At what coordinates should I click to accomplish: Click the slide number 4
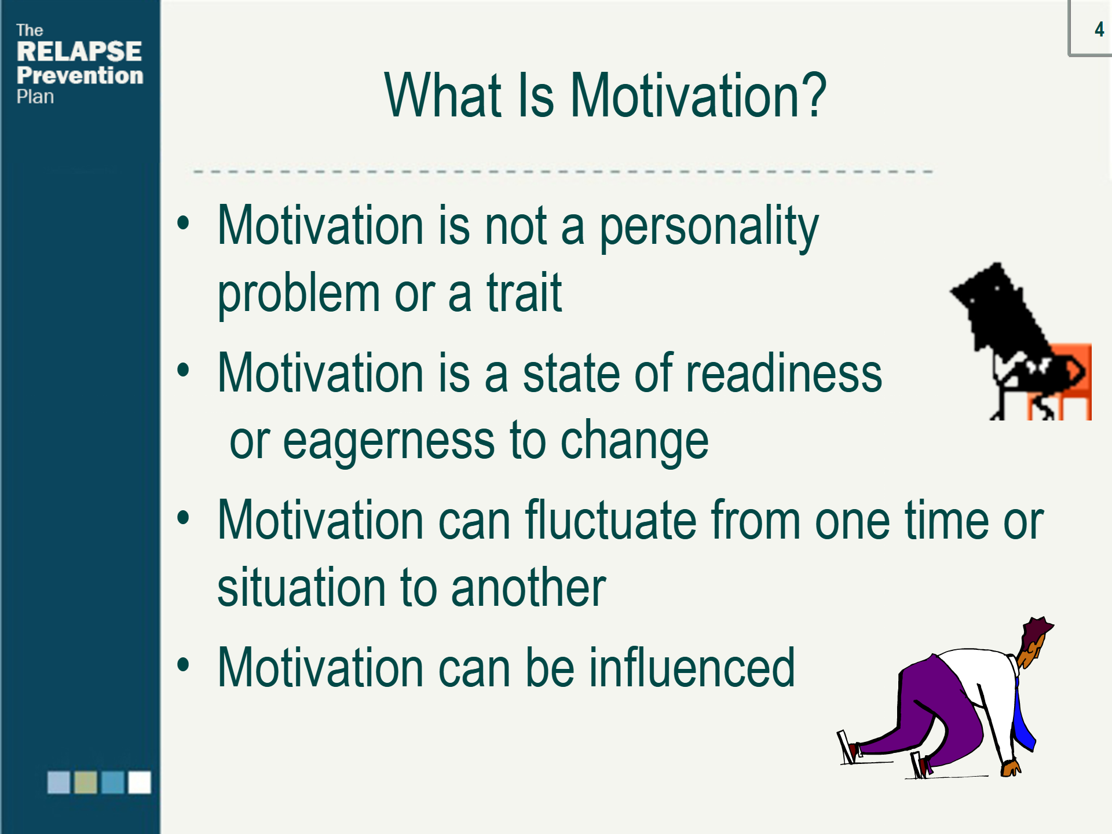(1099, 29)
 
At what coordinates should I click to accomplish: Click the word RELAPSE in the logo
(79, 52)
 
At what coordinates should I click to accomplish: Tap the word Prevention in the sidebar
(80, 75)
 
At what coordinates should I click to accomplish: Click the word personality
(709, 228)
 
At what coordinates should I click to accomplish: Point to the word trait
(524, 292)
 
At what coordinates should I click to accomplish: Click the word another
(528, 587)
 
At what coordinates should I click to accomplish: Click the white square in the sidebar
(140, 782)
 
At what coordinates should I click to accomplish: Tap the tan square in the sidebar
(86, 782)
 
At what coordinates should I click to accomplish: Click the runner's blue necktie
(1023, 718)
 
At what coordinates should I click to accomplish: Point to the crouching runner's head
(1036, 642)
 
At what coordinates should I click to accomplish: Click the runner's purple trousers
(927, 712)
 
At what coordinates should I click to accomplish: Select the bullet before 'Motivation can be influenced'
(183, 664)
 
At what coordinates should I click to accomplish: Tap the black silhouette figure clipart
(1019, 342)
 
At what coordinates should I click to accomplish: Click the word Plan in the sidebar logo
(35, 97)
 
